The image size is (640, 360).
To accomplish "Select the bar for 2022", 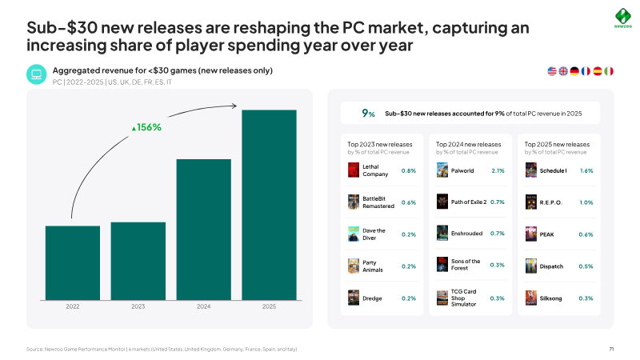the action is pos(73,263).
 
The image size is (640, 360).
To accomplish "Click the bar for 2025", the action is pos(269,205).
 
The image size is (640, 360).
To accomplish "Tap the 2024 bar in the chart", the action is pos(204,230).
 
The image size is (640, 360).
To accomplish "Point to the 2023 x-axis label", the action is pos(138,306).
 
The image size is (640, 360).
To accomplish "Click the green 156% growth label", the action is pos(146,127).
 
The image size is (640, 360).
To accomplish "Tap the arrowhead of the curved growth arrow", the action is pos(234,106).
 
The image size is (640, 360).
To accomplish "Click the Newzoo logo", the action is pos(623,18).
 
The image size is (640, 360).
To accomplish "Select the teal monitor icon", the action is pos(37,74).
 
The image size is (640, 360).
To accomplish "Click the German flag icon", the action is pos(574,71).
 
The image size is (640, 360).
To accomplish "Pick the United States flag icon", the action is pos(552,71).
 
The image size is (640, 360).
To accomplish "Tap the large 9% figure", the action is pos(368,114).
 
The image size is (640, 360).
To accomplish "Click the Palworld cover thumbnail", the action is pos(442,170).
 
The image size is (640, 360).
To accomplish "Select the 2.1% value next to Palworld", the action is pos(498,170).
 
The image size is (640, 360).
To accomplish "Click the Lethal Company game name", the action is pos(375,170).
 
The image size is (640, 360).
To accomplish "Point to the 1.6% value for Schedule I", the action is pos(586,170).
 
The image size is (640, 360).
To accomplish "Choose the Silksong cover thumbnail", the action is pos(531,298).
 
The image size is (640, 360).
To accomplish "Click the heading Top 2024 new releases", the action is pos(468,145).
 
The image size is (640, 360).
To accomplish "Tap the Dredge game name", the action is pos(372,298).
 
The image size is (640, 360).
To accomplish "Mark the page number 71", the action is pos(611,349).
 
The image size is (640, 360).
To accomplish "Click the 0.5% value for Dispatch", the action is pos(586,266).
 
